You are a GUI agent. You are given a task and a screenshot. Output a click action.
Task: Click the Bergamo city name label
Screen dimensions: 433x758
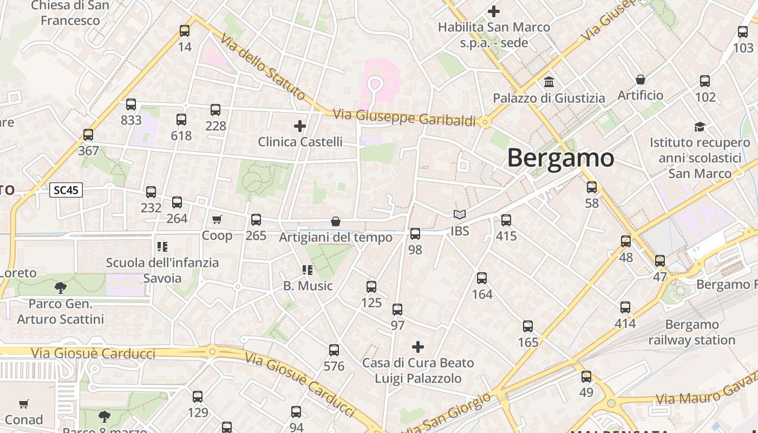[560, 158]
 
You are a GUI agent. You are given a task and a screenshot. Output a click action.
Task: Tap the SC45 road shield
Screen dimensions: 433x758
[66, 190]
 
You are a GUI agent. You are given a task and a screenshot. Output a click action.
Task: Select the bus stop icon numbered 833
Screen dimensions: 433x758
[131, 104]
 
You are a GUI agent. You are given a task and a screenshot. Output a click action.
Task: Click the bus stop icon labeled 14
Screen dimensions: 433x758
[185, 31]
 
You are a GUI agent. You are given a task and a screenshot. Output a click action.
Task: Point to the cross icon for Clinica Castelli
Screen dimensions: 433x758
[300, 126]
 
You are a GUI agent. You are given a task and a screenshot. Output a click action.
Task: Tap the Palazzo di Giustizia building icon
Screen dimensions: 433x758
[549, 82]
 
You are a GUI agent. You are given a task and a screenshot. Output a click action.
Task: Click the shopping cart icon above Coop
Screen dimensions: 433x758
[217, 219]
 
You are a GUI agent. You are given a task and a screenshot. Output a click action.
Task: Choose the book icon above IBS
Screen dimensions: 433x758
[460, 215]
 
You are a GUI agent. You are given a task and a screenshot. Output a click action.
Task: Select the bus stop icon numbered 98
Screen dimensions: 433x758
[415, 234]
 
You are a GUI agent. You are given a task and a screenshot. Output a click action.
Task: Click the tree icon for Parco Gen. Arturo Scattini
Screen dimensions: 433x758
[61, 287]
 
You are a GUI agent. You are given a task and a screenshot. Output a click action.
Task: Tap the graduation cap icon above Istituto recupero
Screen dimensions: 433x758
[700, 127]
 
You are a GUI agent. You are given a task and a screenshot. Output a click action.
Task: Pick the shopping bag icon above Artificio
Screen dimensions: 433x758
[641, 80]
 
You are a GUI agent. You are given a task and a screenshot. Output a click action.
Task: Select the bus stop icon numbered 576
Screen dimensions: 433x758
[334, 350]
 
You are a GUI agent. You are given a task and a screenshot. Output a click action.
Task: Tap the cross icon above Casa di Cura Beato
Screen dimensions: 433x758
[418, 346]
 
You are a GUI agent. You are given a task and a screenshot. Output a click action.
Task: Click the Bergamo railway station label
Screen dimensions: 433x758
[691, 332]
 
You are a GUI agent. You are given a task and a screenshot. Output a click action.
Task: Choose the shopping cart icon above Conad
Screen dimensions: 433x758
[24, 404]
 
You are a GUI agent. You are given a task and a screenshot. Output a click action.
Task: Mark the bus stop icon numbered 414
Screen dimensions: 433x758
[625, 307]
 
